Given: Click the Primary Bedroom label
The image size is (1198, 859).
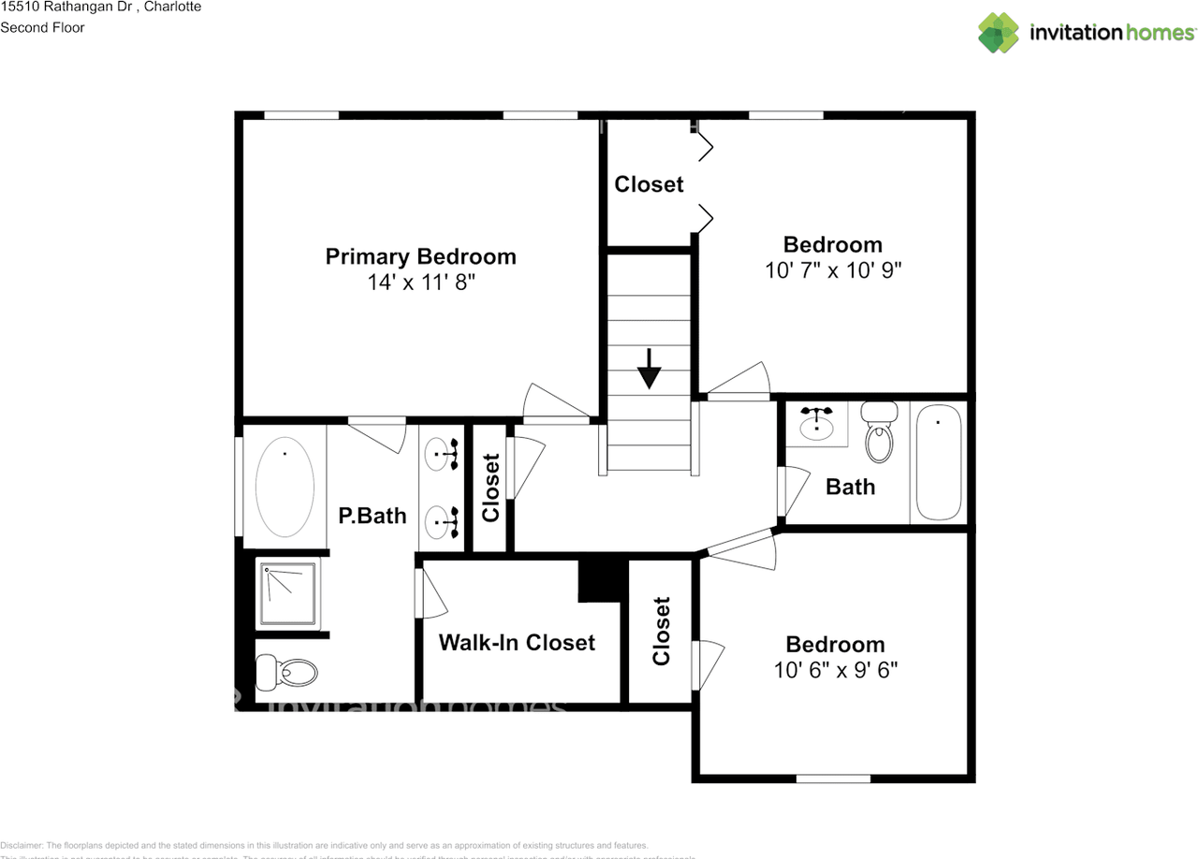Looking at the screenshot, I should (420, 256).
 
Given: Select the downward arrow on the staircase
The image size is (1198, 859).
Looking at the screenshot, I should (649, 371).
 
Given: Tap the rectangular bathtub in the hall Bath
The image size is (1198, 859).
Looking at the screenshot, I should (939, 461).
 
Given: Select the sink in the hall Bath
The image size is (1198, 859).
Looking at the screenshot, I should (818, 425).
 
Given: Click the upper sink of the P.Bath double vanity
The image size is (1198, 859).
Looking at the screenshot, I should (440, 455).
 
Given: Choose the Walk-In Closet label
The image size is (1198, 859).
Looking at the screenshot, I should (517, 643).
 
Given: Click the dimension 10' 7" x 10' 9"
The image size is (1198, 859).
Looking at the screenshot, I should (832, 270).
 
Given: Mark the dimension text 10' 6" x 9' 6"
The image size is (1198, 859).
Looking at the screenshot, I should (835, 670).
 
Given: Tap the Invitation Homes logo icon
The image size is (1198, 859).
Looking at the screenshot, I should (999, 32).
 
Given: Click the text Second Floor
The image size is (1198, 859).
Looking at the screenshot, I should (42, 27).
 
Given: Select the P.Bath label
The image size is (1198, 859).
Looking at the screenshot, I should (373, 516).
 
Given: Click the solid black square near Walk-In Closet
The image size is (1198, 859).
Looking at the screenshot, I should (599, 580).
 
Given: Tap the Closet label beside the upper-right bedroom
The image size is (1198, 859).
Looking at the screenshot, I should (649, 184).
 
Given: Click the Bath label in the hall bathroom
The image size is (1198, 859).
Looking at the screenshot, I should (851, 487).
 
